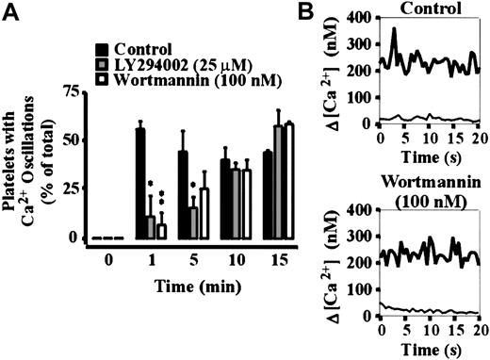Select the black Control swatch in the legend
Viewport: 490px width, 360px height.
[x=101, y=49]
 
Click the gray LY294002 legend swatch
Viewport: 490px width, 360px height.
[x=101, y=65]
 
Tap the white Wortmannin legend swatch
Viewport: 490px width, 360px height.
[x=101, y=82]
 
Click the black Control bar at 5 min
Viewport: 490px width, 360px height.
[x=183, y=194]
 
